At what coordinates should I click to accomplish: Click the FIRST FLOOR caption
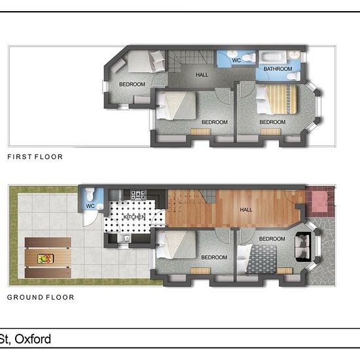coord(35,157)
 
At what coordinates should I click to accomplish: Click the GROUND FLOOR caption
coord(41,297)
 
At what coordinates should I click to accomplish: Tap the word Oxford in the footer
coord(33,339)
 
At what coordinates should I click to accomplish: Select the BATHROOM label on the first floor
coord(278,69)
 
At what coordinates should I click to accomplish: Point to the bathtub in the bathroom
coord(272,57)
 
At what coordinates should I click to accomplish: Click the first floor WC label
coord(236,60)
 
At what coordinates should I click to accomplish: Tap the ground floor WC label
coord(90,206)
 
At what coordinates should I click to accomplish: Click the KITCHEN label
coord(135,217)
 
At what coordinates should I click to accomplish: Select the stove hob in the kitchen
coord(139,194)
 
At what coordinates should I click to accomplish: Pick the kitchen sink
coord(124,238)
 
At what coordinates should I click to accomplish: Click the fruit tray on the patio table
coord(45,259)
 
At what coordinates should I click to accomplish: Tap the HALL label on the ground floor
coord(246,209)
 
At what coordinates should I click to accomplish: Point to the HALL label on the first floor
coord(202,75)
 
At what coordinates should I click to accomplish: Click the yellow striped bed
coord(276,99)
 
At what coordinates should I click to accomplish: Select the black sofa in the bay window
coord(303,247)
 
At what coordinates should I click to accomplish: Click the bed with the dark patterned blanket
coord(257,259)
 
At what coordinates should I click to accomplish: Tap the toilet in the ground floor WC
coord(89,194)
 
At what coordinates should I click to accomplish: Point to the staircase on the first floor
coord(190,59)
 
